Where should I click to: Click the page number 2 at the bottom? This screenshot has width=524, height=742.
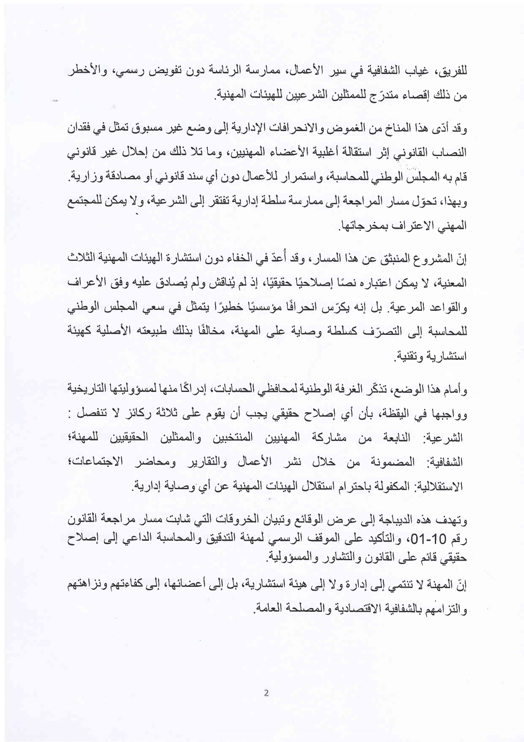pos(266,693)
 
